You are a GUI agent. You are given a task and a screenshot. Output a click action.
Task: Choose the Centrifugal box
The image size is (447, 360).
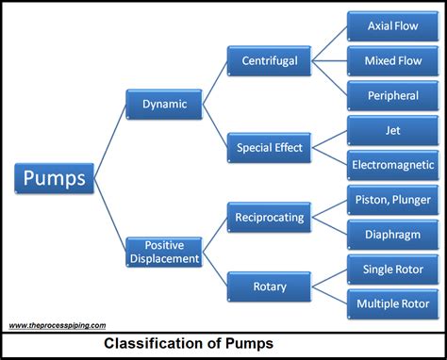pos(270,61)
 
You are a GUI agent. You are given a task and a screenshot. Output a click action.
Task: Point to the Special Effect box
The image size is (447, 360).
pos(270,147)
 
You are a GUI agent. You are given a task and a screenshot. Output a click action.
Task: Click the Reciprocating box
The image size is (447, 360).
pos(270,217)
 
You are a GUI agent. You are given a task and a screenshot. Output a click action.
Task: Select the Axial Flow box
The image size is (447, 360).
pos(391,26)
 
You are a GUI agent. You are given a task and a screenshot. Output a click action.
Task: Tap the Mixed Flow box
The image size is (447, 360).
pos(391,61)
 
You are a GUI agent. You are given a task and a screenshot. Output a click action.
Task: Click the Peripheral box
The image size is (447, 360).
pos(391,95)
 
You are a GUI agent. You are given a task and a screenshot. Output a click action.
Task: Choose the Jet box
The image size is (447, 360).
pos(391,130)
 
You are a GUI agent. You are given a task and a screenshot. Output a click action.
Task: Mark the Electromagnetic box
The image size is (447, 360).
pos(391,164)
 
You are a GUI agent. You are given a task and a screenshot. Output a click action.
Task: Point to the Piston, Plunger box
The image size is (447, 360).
pos(391,199)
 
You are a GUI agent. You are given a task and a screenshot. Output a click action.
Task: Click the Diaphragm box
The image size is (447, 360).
pos(391,234)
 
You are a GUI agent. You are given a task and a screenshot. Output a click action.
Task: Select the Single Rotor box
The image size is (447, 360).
pos(391,269)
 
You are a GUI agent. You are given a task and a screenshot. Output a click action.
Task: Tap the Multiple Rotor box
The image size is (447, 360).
pos(391,303)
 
